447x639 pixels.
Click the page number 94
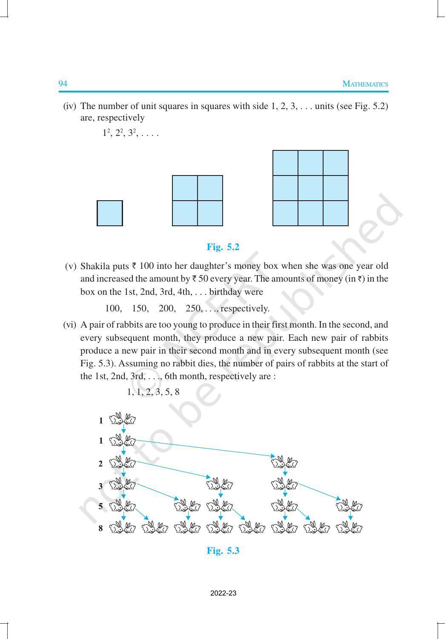tap(63, 84)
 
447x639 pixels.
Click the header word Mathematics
tap(365, 84)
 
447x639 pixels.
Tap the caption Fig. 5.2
tap(223, 247)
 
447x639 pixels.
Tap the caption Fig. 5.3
tap(223, 551)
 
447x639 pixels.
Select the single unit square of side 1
tap(110, 213)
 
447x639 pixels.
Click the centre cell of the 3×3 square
tap(310, 188)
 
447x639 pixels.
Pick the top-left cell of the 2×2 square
tap(185, 188)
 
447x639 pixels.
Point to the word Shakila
tap(95, 266)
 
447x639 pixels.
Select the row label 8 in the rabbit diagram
tap(100, 529)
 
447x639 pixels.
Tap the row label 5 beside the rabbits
tap(100, 507)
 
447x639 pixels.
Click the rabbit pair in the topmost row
tap(123, 420)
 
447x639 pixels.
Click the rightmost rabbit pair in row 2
tap(284, 462)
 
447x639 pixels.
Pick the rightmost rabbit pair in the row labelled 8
tap(349, 529)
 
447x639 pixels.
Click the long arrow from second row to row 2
tap(204, 448)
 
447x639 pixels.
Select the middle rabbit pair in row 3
tap(220, 484)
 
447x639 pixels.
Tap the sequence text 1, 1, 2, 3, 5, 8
tap(153, 392)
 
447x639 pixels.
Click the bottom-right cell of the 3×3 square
tap(335, 213)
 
